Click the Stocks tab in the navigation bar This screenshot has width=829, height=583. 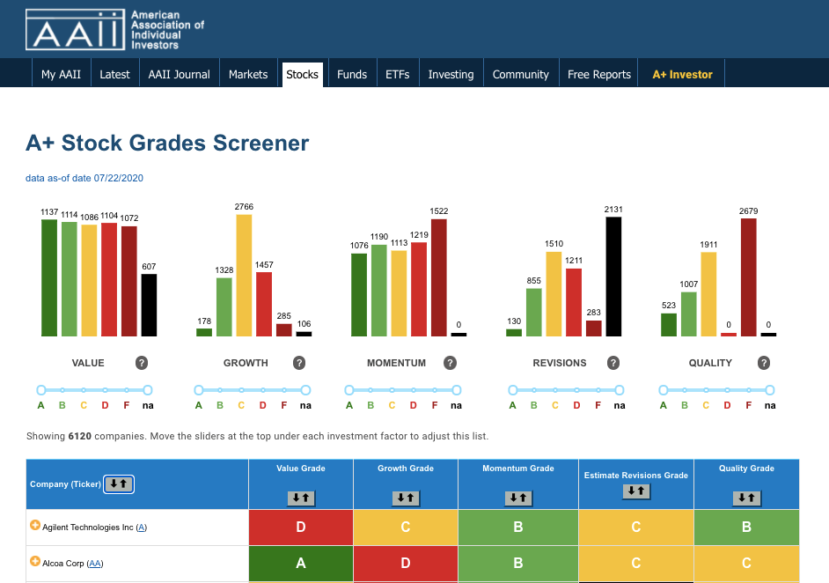click(303, 75)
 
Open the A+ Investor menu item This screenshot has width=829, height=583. click(682, 75)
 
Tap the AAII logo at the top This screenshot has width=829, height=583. click(75, 30)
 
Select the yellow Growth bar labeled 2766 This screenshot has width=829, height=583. click(244, 275)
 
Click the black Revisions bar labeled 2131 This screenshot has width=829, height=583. click(613, 277)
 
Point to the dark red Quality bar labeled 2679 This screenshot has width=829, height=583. click(749, 277)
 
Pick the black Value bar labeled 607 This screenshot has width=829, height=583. click(149, 306)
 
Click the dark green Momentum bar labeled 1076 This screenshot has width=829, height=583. click(359, 295)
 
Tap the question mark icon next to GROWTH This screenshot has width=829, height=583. click(299, 363)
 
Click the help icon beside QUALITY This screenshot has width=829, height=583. click(764, 363)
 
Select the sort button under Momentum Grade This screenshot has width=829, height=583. click(518, 498)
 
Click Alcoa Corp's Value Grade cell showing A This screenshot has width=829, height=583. click(301, 564)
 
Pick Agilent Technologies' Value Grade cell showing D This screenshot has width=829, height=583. click(301, 527)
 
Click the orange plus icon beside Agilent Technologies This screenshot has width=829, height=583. click(35, 526)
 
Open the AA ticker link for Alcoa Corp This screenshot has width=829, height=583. click(95, 564)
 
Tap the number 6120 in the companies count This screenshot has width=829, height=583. click(80, 437)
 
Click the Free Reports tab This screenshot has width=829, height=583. click(599, 75)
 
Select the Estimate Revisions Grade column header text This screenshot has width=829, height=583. click(636, 476)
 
